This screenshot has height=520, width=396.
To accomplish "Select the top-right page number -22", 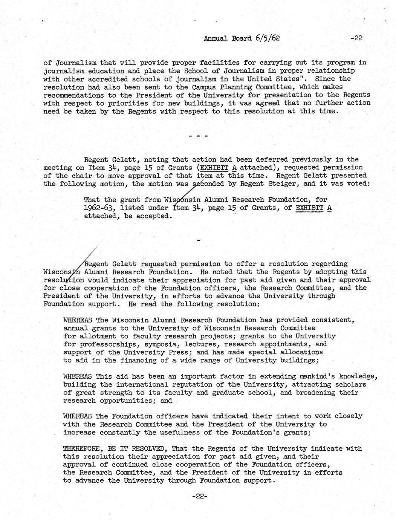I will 356,38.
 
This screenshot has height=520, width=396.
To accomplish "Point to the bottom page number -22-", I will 198,497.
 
